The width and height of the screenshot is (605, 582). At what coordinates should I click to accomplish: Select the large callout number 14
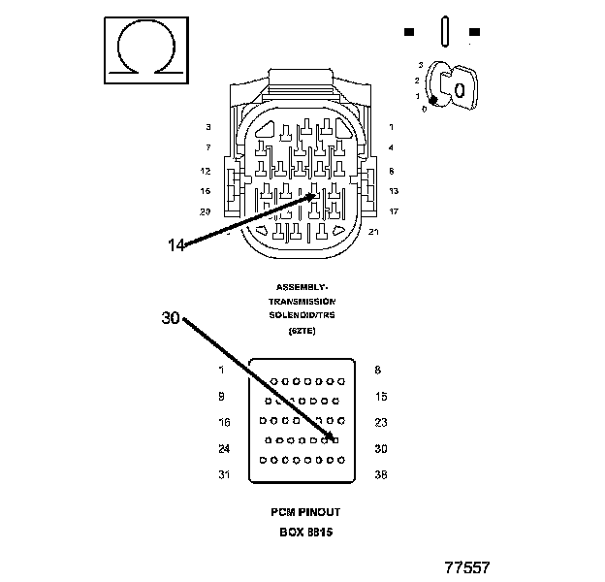pos(175,245)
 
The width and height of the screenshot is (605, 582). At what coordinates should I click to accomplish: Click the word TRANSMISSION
pos(302,301)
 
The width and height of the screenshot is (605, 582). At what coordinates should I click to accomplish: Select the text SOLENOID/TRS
pos(302,315)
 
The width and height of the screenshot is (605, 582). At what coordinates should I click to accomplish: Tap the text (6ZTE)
pos(302,331)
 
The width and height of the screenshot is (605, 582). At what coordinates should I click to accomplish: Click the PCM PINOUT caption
pos(305,511)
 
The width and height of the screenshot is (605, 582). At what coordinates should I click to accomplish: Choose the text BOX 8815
pos(305,533)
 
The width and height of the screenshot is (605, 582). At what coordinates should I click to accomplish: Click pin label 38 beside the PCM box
pos(381,474)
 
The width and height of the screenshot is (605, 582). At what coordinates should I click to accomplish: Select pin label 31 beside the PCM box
pos(224,474)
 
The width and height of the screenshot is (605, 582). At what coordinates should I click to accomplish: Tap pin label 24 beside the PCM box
pos(224,448)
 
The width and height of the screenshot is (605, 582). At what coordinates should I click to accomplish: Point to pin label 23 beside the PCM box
pos(381,422)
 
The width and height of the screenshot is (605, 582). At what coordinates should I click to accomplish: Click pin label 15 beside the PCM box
pos(381,396)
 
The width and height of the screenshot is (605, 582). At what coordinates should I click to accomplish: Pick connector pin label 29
pos(206,210)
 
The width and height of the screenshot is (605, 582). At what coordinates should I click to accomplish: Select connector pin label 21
pos(374,231)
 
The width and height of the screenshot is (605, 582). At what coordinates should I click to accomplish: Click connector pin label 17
pos(393,210)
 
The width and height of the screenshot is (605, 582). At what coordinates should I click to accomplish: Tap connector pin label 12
pos(206,170)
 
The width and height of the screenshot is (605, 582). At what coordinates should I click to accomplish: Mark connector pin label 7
pos(207,147)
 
